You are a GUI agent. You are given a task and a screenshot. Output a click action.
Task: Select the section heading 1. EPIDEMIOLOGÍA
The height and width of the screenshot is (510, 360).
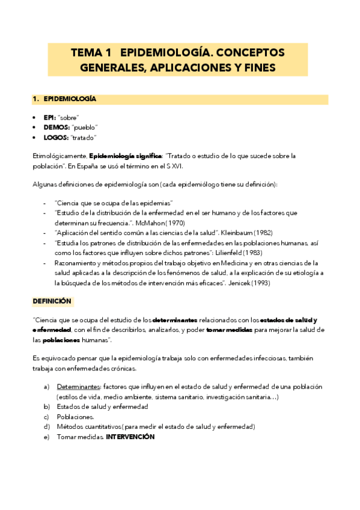64,99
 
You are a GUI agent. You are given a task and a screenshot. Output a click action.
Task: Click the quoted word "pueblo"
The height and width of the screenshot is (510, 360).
85,127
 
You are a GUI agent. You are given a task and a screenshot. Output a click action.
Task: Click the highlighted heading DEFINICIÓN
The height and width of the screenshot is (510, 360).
52,300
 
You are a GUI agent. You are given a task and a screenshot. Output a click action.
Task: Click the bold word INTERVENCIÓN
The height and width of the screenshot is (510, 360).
130,437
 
